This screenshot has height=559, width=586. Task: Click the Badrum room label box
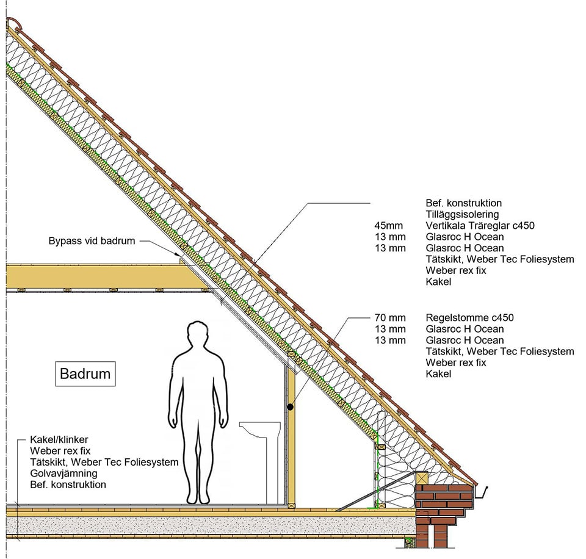(85, 373)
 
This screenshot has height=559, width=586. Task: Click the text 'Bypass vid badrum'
(92, 240)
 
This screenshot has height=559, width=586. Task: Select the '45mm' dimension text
(389, 226)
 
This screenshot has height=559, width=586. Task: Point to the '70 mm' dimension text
(390, 317)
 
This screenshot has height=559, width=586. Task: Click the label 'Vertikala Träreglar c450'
(480, 226)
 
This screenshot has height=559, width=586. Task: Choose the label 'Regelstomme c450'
(470, 318)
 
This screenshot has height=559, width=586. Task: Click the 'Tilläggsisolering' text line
(462, 214)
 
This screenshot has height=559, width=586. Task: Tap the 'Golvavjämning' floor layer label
(63, 474)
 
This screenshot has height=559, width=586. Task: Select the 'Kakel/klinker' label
(59, 439)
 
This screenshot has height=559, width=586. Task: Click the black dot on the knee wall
(291, 407)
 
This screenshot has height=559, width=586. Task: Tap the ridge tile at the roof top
(14, 24)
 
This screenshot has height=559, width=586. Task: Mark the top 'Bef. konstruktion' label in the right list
(463, 203)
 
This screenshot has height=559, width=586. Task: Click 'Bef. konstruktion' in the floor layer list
(68, 485)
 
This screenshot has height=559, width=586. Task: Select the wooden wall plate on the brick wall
(422, 478)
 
